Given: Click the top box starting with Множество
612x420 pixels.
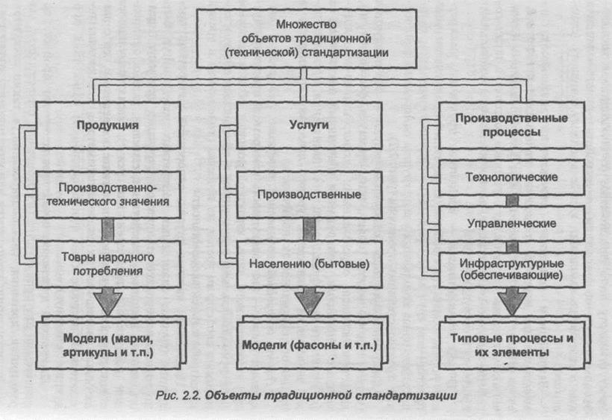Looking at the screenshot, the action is coord(307,39).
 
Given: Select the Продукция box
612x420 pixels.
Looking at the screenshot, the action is coord(108,125).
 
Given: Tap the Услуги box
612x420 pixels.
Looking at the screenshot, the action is coord(309,125).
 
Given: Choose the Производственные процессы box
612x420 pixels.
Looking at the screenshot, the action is coord(511,125).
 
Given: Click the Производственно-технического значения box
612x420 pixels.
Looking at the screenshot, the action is coord(108,195).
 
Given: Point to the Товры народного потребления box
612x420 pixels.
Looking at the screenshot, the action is coord(108,264).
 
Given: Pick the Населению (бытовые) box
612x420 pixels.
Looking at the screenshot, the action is coord(309,264).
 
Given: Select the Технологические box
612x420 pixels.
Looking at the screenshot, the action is coord(511,178).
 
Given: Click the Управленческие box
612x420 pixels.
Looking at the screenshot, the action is coord(511,224).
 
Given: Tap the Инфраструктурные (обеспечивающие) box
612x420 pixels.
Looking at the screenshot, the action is coord(511,270).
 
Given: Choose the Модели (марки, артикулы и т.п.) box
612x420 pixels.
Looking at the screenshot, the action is coord(108,345).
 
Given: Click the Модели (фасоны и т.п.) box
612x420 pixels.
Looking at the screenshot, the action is coord(309,345).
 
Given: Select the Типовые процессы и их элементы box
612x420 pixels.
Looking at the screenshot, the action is coord(511,345).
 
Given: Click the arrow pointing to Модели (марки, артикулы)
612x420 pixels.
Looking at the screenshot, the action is coord(107,301).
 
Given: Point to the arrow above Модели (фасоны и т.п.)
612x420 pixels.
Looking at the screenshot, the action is coord(309,301).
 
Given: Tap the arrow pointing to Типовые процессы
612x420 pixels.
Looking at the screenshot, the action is coord(512,301).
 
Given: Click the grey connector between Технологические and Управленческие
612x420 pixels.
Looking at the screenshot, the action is coord(512,201).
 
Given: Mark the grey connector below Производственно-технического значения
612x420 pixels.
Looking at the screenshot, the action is coord(107,230).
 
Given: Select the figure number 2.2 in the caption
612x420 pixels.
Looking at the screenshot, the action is coord(191,395).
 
